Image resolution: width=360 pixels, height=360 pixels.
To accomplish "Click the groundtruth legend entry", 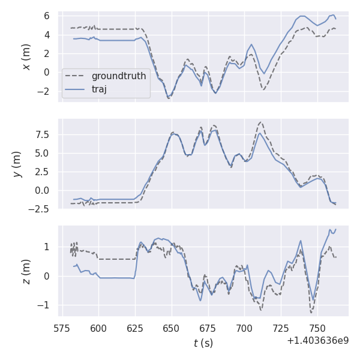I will pyautogui.click(x=119, y=77).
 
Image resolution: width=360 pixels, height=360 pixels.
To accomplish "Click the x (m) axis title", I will pyautogui.click(x=26, y=56).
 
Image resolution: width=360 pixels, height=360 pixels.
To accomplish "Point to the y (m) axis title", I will pyautogui.click(x=17, y=164).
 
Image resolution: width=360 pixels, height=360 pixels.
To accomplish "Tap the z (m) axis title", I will pyautogui.click(x=26, y=271).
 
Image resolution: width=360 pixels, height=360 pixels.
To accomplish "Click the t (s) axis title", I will pyautogui.click(x=203, y=343).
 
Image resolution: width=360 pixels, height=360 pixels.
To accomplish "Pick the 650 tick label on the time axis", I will pyautogui.click(x=172, y=328).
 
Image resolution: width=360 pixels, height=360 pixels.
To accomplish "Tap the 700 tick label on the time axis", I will pyautogui.click(x=245, y=328).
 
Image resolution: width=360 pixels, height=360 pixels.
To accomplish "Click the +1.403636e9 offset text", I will pyautogui.click(x=317, y=340).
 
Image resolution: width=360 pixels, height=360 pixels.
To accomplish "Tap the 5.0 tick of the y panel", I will pyautogui.click(x=46, y=153).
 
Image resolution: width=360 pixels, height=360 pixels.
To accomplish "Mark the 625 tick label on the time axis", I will pyautogui.click(x=135, y=328).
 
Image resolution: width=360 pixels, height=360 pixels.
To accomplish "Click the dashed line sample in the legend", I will pyautogui.click(x=76, y=77).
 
